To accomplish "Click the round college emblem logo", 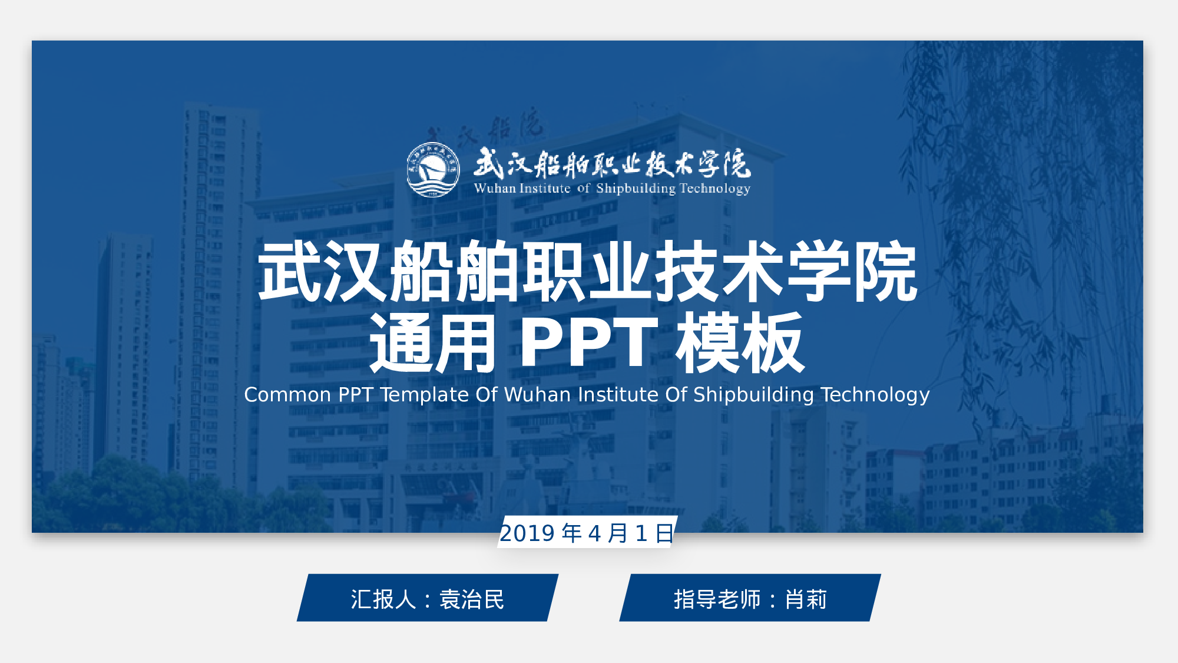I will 433,170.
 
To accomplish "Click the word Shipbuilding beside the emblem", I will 636,189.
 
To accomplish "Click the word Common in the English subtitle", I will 287,395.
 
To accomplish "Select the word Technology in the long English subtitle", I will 875,395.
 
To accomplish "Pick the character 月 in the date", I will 618,533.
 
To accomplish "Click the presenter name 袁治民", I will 472,599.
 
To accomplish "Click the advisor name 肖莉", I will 806,599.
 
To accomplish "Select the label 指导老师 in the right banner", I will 717,599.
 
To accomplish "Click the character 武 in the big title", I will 290,271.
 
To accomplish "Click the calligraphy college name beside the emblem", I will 612,164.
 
